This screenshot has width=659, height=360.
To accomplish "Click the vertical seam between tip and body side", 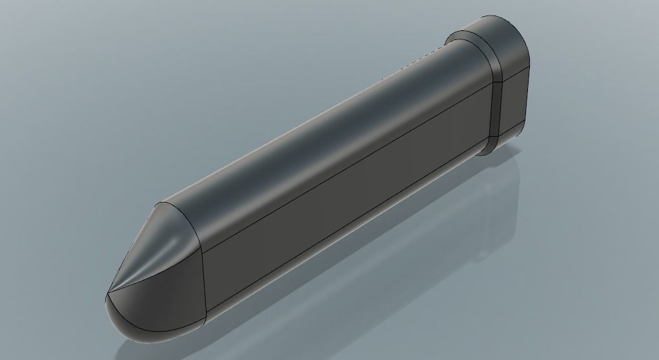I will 205,284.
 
